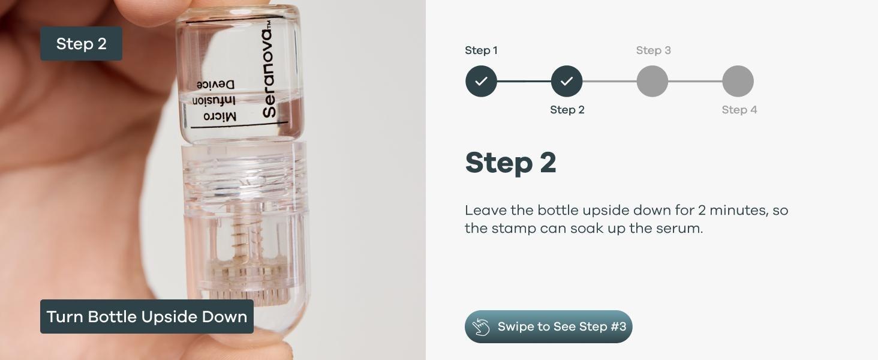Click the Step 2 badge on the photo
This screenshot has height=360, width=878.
click(81, 44)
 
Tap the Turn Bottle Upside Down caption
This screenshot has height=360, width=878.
click(147, 317)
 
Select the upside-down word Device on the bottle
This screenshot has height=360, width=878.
click(215, 85)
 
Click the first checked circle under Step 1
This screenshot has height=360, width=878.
click(481, 81)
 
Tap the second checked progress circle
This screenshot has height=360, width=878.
click(567, 81)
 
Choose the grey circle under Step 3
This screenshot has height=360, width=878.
click(653, 81)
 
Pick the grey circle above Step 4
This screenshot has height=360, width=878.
click(738, 81)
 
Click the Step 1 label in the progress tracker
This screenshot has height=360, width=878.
click(481, 50)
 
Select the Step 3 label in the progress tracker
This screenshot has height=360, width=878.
click(653, 50)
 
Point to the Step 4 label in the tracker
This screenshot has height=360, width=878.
click(739, 110)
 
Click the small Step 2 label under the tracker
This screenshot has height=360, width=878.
click(567, 110)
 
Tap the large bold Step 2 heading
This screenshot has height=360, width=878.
click(510, 163)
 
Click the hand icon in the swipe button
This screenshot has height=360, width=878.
click(481, 327)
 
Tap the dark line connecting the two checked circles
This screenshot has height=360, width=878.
click(524, 81)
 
